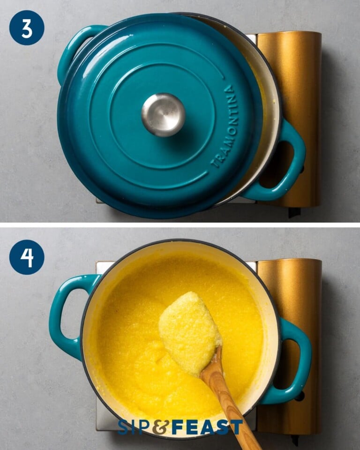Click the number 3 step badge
click(x=27, y=28)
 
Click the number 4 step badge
click(x=27, y=257)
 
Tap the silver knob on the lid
click(x=163, y=115)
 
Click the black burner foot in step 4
click(x=295, y=440)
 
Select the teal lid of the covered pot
click(x=117, y=155)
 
